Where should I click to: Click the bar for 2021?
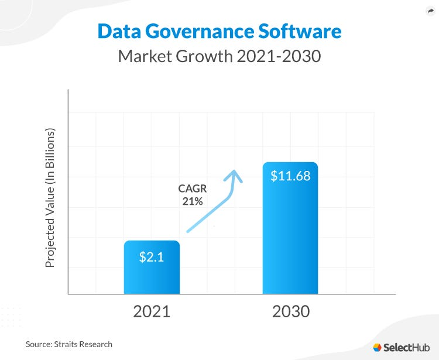[x=152, y=275]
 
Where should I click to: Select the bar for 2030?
[x=290, y=234]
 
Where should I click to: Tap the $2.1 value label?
[x=151, y=256]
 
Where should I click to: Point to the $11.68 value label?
[x=290, y=176]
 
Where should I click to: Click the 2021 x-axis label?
[x=152, y=311]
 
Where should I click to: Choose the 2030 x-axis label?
[x=290, y=311]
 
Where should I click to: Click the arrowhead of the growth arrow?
[x=235, y=174]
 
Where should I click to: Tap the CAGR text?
[x=190, y=188]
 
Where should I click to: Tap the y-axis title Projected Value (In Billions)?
[x=50, y=198]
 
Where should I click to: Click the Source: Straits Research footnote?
[x=68, y=344]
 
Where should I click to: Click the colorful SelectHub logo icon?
[x=377, y=347]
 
